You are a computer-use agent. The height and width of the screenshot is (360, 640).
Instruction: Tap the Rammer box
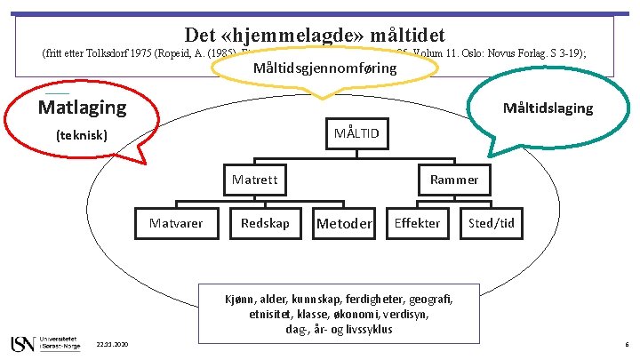454,180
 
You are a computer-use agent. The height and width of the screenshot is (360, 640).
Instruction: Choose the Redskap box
265,223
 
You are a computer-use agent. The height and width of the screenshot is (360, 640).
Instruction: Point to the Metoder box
344,223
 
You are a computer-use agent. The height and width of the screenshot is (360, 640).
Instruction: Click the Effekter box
417,223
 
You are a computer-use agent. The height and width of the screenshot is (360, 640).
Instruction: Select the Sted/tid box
492,223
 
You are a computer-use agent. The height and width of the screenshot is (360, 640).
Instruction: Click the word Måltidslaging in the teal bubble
548,108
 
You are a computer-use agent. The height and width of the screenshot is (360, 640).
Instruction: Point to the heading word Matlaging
82,108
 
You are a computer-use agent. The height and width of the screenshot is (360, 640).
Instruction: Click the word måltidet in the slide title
407,35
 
